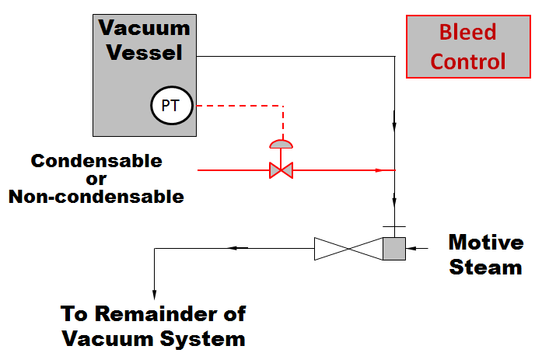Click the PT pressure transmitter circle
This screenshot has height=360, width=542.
(x=171, y=107)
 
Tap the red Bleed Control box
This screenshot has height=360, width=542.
(x=468, y=47)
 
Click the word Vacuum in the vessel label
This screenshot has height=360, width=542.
(x=145, y=29)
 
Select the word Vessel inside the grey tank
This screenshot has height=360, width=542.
(x=145, y=53)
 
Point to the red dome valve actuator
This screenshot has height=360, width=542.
(x=279, y=144)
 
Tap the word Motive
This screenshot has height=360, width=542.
(x=486, y=243)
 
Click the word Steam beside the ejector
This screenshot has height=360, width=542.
(x=486, y=267)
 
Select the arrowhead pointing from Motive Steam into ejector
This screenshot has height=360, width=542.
(x=414, y=249)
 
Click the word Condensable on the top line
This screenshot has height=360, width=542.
(x=96, y=161)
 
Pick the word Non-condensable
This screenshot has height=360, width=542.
(x=96, y=197)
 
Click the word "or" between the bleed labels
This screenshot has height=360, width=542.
(x=96, y=179)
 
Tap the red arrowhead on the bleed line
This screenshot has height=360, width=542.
(x=380, y=170)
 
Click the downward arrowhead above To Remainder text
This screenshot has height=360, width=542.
(x=156, y=284)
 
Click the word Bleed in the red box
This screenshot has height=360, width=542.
(x=468, y=33)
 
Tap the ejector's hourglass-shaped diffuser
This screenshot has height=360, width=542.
(x=348, y=249)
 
